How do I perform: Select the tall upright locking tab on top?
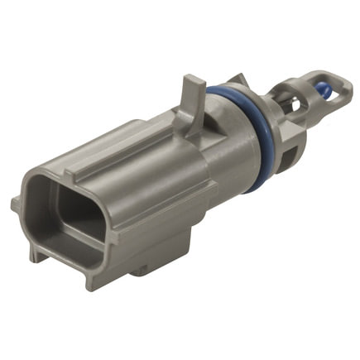192,92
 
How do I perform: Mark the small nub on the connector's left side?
16,203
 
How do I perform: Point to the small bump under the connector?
141,269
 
